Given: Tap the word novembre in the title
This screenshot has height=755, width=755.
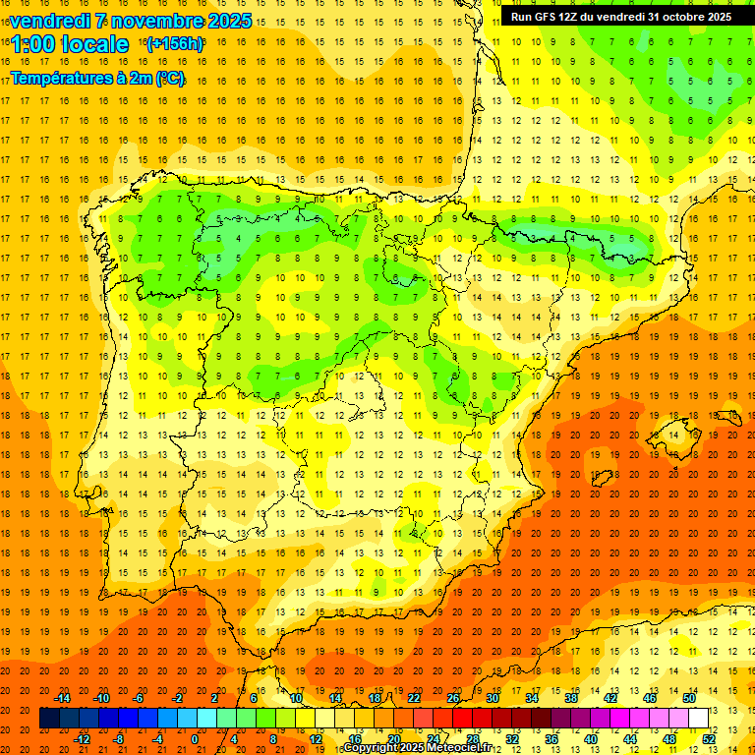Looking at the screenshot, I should pos(151,21).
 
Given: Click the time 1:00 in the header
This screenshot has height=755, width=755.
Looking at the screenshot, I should pos(33,44).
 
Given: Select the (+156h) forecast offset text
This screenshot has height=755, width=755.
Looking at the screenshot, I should pos(174,44).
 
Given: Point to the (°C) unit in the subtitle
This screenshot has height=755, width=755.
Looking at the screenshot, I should pos(169,78).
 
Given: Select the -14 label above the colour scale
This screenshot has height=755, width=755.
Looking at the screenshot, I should pos(63,698).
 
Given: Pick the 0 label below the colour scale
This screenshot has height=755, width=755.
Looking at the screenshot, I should pos(194,739).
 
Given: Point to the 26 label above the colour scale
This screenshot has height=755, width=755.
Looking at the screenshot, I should pos(453,698).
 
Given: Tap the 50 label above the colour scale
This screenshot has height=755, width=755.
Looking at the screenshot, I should pos(689,698).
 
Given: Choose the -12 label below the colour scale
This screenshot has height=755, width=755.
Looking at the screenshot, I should pos(83,739).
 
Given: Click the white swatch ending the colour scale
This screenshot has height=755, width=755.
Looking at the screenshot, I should pos(699,719).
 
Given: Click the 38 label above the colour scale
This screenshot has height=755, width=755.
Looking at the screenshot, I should pos(571,698).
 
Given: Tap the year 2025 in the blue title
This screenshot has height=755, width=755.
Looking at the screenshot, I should pos(229,21).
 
